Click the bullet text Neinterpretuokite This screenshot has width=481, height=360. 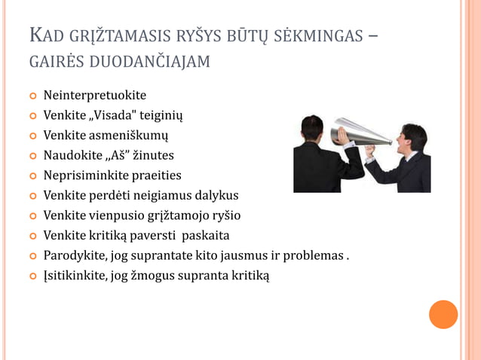(94, 96)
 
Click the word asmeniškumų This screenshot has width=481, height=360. (127, 136)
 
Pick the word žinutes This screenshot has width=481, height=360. (154, 155)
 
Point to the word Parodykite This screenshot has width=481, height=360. (72, 255)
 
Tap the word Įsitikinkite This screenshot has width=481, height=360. (75, 276)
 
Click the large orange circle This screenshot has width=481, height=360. (443, 314)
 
